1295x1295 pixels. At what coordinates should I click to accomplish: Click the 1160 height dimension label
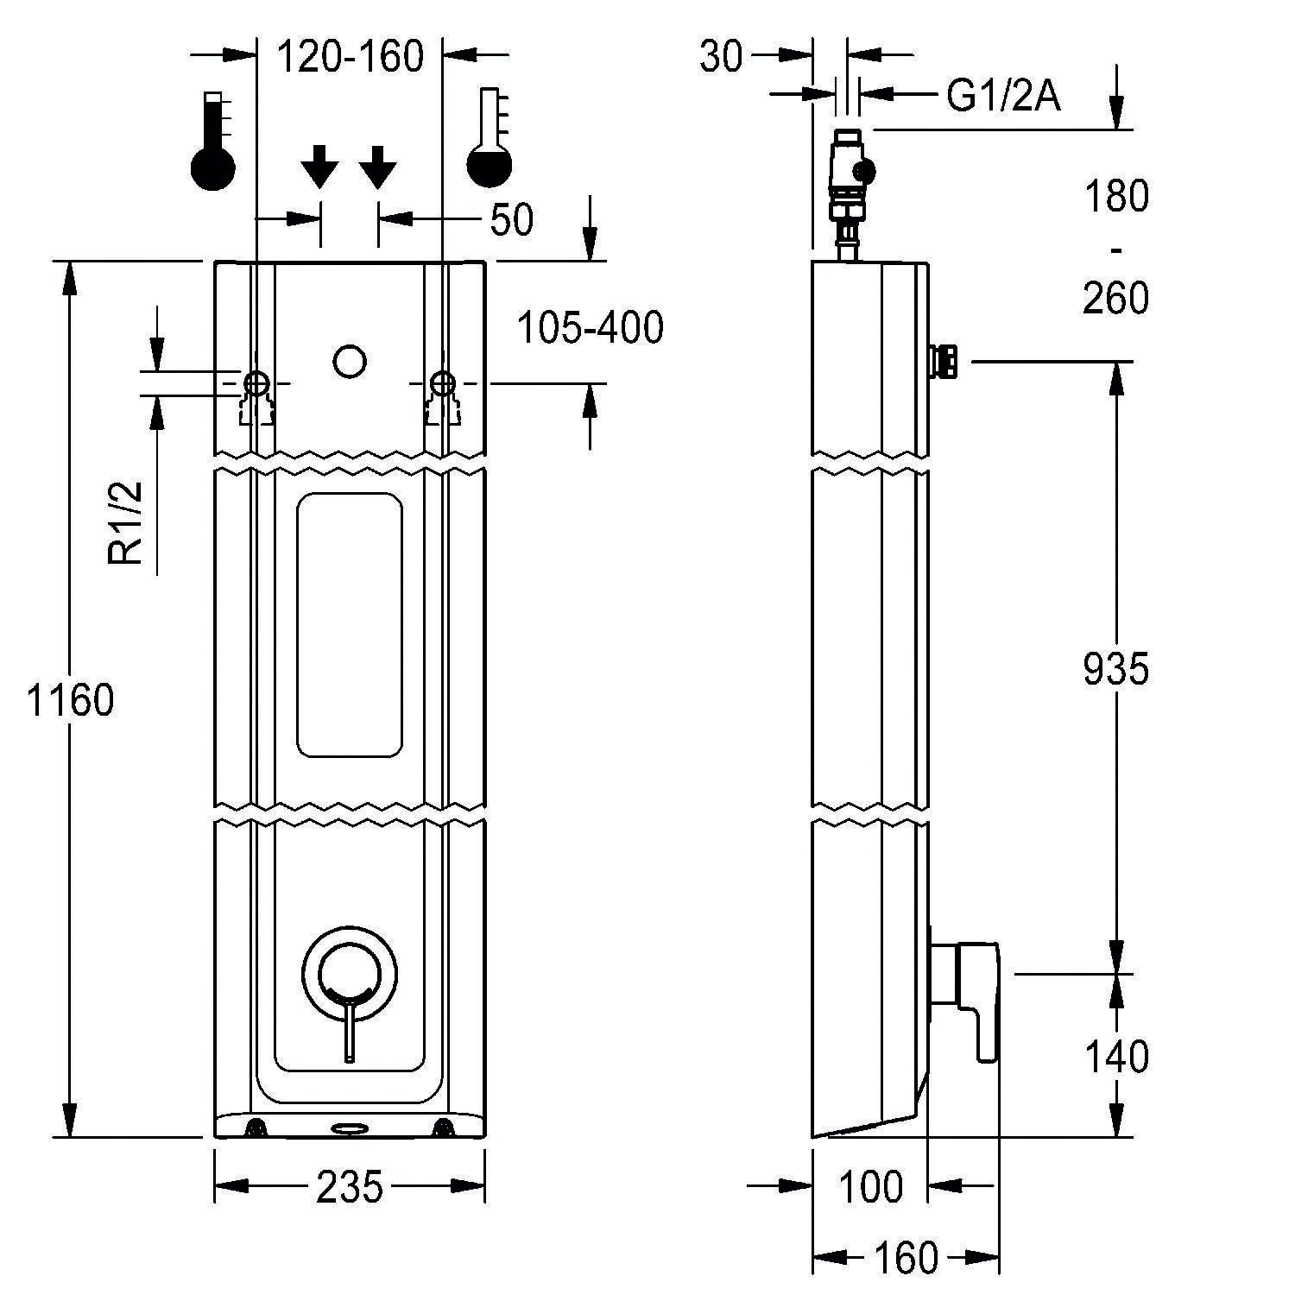pyautogui.click(x=71, y=700)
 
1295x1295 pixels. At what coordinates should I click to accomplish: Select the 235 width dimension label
pyautogui.click(x=349, y=1188)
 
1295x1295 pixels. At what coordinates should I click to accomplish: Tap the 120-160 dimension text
pyautogui.click(x=350, y=58)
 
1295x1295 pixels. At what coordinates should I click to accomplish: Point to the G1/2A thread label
pyautogui.click(x=1003, y=97)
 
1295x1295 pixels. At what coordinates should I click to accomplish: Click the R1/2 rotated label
pyautogui.click(x=127, y=524)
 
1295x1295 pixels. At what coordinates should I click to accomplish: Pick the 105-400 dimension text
pyautogui.click(x=591, y=328)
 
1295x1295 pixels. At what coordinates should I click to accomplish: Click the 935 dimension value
pyautogui.click(x=1116, y=669)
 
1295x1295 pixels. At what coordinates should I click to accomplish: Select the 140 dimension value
pyautogui.click(x=1116, y=1057)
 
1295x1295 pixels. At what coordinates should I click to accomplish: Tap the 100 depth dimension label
pyautogui.click(x=870, y=1188)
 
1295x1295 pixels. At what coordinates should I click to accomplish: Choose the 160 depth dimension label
pyautogui.click(x=905, y=1259)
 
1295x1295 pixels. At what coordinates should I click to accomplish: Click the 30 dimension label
pyautogui.click(x=721, y=57)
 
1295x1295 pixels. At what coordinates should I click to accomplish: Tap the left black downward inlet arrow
pyautogui.click(x=319, y=167)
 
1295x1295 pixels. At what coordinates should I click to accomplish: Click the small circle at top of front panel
pyautogui.click(x=350, y=362)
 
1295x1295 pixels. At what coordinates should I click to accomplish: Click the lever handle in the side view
pyautogui.click(x=976, y=993)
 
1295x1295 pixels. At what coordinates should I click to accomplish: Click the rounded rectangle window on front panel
pyautogui.click(x=349, y=626)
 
